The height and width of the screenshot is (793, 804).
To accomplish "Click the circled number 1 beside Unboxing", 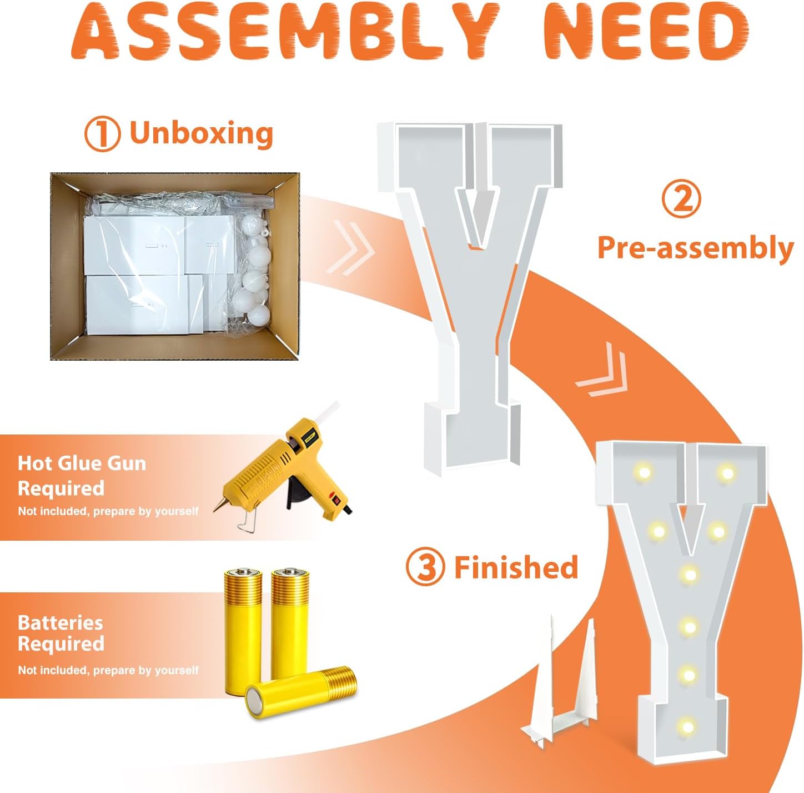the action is pyautogui.click(x=102, y=133).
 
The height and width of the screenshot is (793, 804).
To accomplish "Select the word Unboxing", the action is pyautogui.click(x=202, y=133).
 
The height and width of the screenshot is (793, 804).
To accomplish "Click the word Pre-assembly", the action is pyautogui.click(x=696, y=248).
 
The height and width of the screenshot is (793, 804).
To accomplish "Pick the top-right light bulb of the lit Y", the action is pyautogui.click(x=727, y=473).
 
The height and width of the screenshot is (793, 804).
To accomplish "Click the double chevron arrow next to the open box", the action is pyautogui.click(x=350, y=248).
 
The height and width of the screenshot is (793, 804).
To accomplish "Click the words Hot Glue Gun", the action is pyautogui.click(x=82, y=463).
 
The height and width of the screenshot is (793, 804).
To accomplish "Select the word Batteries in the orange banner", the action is pyautogui.click(x=61, y=623).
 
